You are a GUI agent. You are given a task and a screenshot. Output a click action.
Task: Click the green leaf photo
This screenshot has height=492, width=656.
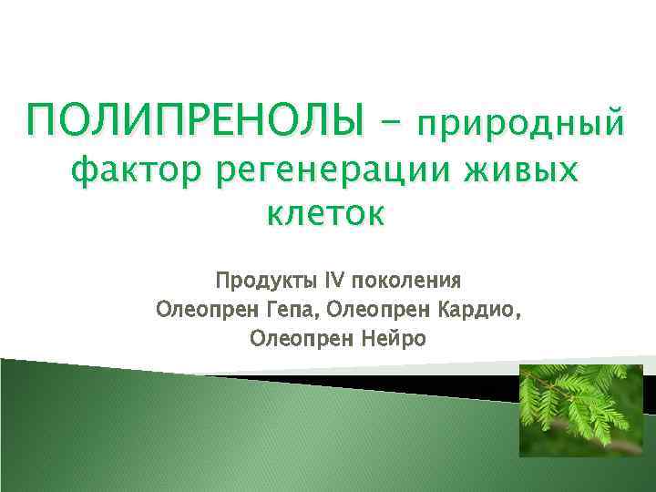(574, 411)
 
